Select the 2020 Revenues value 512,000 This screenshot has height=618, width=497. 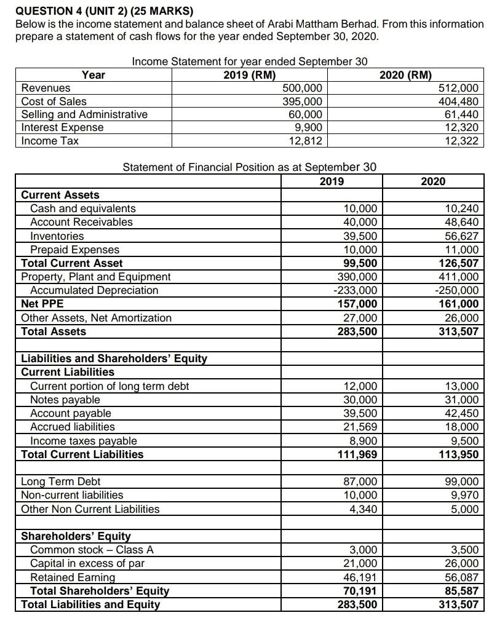[459, 88]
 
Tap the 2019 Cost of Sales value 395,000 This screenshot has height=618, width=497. [302, 101]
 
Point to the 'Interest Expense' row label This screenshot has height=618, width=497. [62, 127]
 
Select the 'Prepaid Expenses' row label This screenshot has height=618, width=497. [75, 250]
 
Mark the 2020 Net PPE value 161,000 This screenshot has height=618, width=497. [459, 304]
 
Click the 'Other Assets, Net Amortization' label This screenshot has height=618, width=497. [97, 318]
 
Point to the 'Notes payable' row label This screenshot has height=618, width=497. [65, 400]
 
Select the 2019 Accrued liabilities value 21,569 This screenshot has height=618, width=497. [362, 427]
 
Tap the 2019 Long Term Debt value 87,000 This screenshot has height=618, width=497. [362, 481]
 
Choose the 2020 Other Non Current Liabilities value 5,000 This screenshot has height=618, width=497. [464, 509]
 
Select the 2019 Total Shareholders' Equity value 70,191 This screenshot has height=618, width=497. [362, 591]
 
